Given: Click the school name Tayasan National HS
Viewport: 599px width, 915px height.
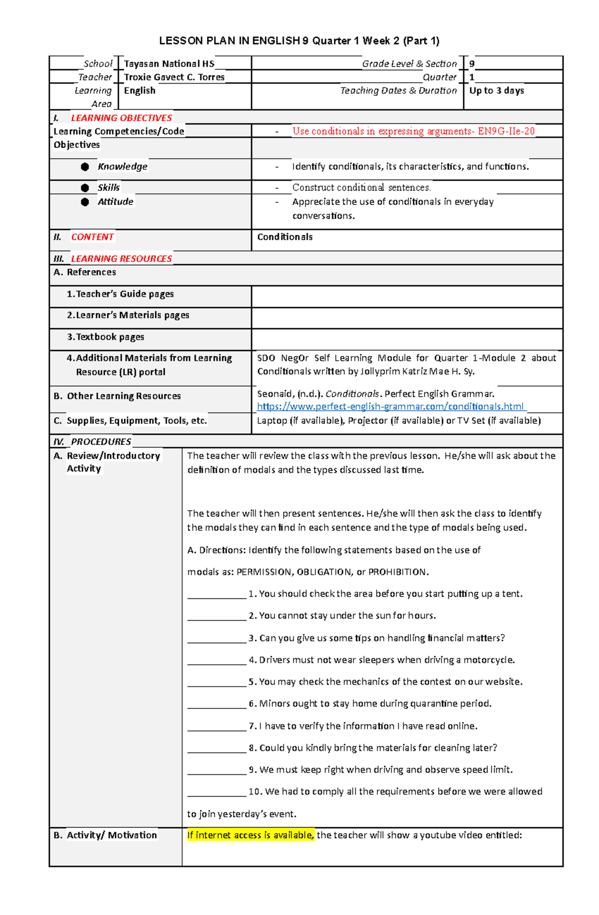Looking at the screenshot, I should click(x=169, y=64).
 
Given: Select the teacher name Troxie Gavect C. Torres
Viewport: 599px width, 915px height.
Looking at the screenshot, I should click(x=174, y=77).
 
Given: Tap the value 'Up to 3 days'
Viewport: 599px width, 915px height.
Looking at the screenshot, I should click(x=496, y=91).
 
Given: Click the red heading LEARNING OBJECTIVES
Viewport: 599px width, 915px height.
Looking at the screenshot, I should click(x=121, y=118).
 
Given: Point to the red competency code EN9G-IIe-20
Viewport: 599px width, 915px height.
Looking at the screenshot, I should click(x=506, y=131).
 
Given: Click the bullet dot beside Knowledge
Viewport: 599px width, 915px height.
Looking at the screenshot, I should click(x=85, y=167).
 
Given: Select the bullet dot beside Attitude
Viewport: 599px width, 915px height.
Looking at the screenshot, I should click(x=85, y=202).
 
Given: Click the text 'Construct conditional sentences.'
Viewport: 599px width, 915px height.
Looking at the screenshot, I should click(x=361, y=188).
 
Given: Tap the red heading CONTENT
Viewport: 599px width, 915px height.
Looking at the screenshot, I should click(x=92, y=237).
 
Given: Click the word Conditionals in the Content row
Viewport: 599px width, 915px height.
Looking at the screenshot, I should click(x=285, y=237).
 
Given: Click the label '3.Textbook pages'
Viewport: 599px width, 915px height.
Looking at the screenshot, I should click(x=105, y=337).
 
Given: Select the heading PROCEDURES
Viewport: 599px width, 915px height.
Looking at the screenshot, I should click(x=101, y=442).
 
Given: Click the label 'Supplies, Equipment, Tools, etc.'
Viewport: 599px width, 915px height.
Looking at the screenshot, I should click(x=136, y=421).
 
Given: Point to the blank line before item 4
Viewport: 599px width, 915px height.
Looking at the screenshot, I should click(x=217, y=661).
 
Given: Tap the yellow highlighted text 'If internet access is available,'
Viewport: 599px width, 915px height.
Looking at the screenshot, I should click(x=251, y=835).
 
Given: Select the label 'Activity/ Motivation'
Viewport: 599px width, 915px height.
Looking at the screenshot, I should click(x=111, y=835).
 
